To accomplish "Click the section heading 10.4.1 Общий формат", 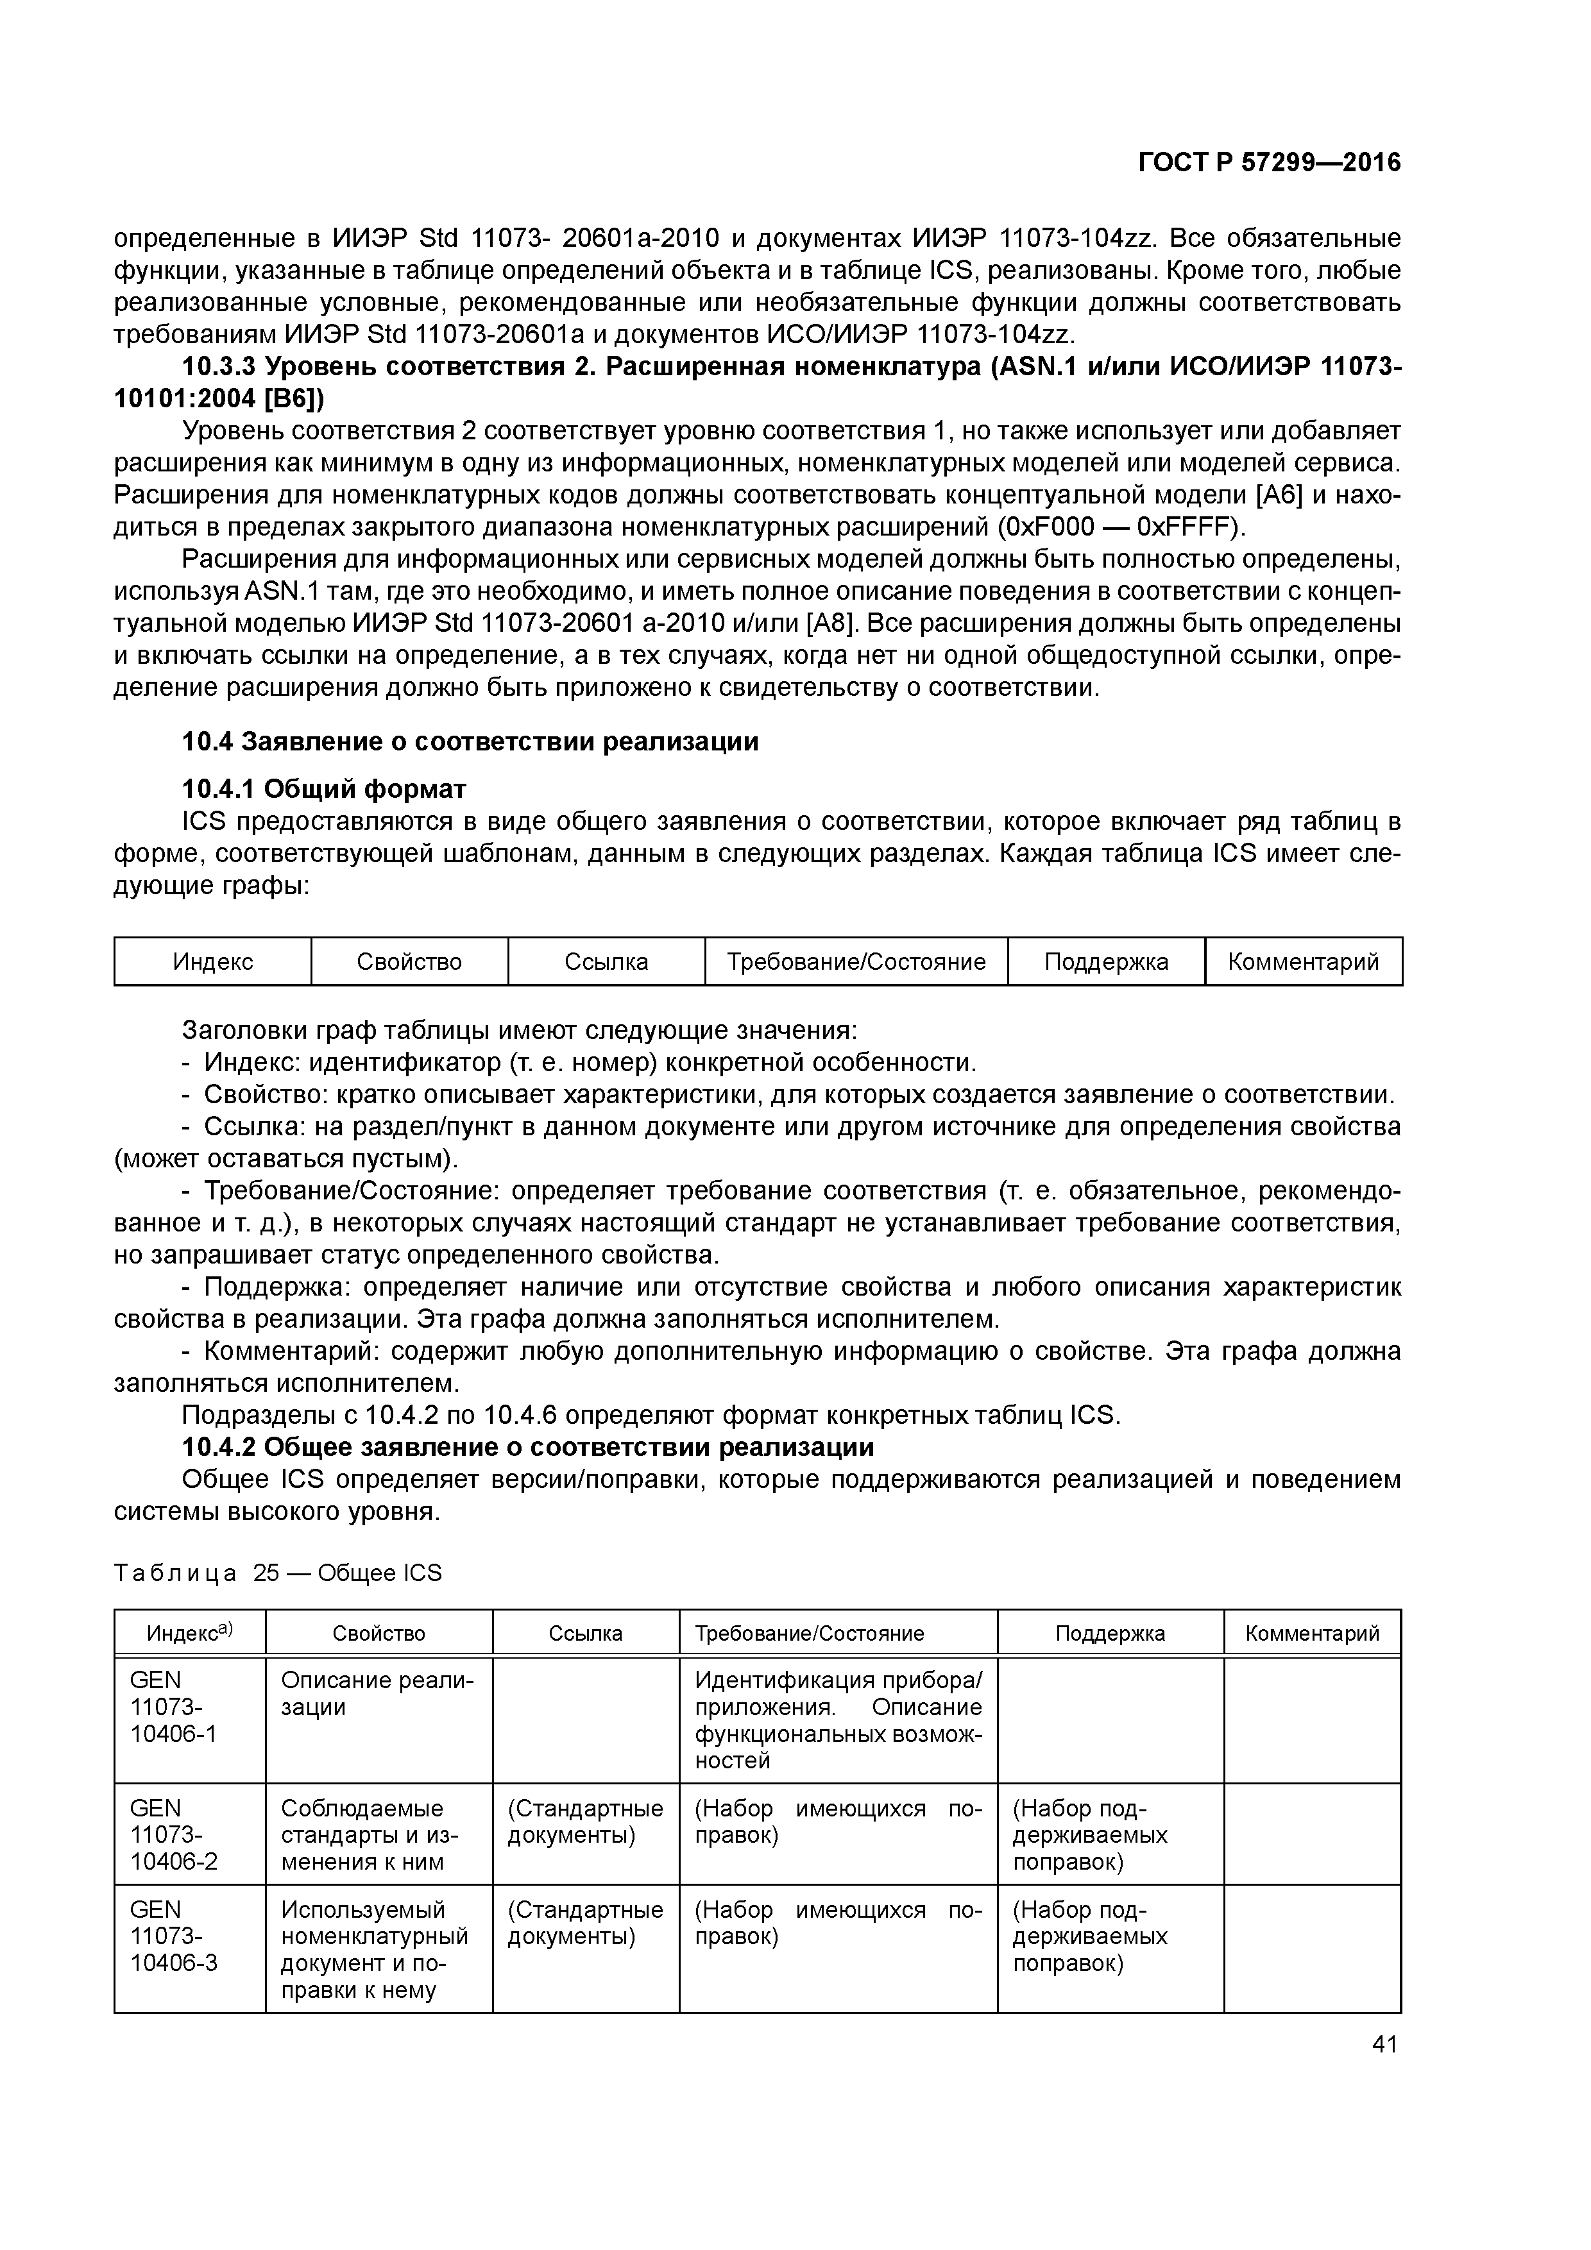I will tap(325, 789).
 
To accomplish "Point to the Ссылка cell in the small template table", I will tap(606, 961).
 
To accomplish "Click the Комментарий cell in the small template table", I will tap(1303, 961).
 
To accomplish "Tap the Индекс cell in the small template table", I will tap(213, 961).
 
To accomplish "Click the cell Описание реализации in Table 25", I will tap(377, 1693).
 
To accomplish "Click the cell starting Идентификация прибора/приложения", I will tap(837, 1720).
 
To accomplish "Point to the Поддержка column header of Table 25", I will tap(1110, 1634).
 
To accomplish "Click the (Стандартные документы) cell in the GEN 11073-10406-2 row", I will tap(585, 1821).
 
